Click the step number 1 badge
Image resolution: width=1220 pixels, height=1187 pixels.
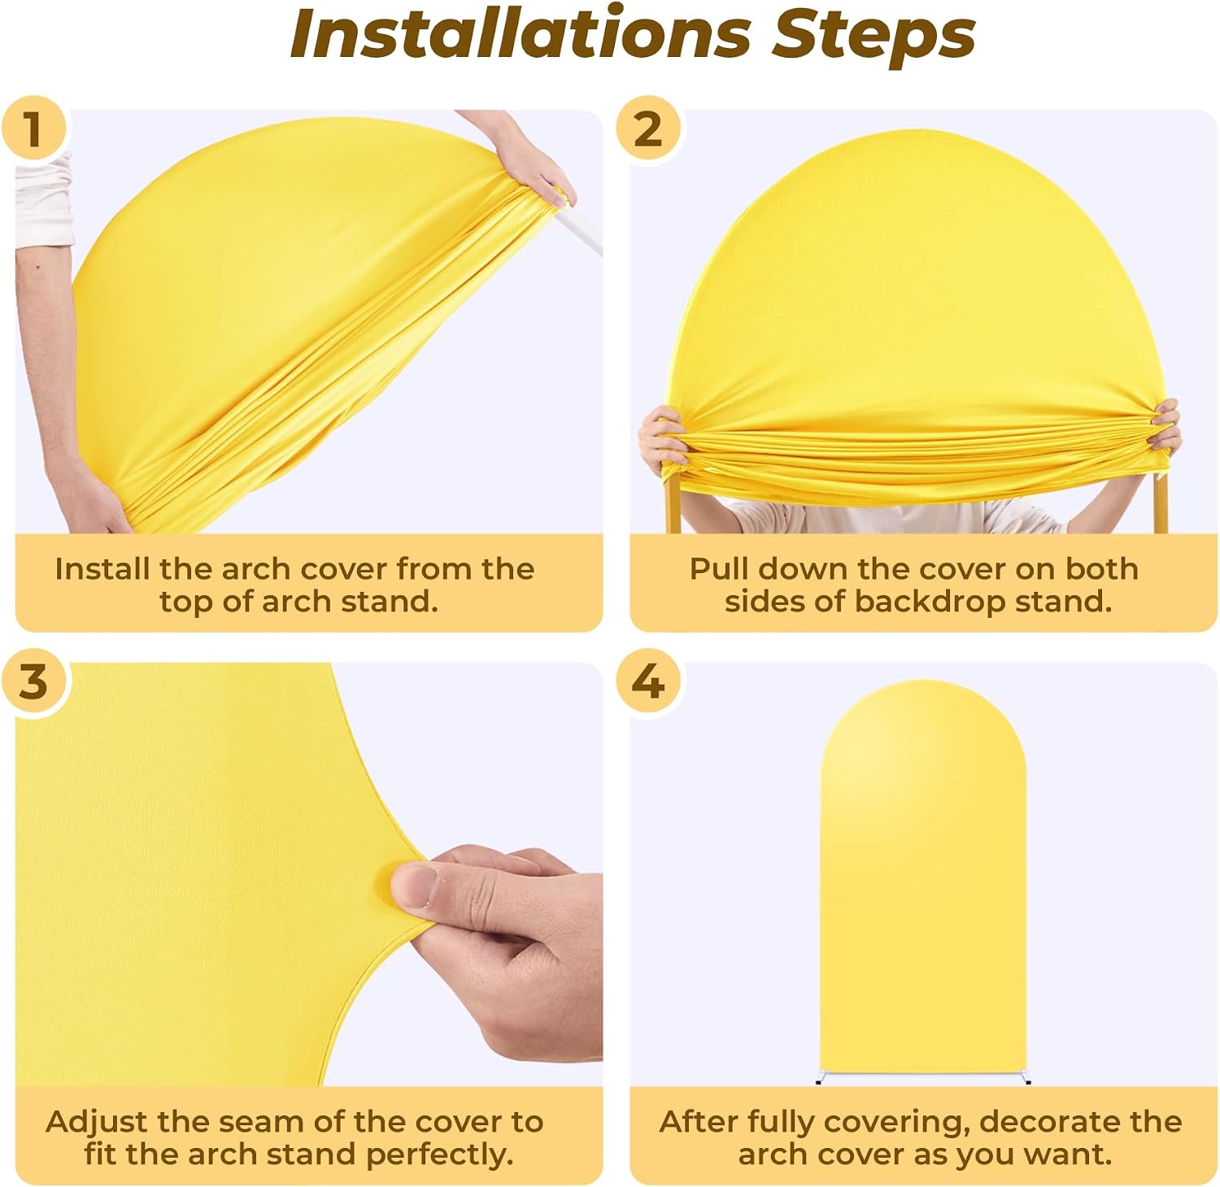pos(33,128)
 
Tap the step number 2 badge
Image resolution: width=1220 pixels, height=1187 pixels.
pos(647,128)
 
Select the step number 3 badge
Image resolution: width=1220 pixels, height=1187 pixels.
pos(33,681)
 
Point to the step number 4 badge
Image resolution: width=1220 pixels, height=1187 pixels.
pos(647,681)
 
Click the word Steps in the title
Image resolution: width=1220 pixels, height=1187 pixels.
pos(874,36)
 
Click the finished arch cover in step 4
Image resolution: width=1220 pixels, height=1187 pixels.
pos(923,882)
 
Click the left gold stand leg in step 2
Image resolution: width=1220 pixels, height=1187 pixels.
pos(673,504)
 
